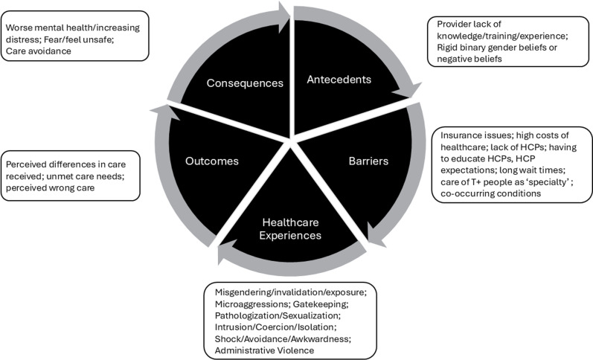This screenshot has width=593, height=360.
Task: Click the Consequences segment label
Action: [245, 83]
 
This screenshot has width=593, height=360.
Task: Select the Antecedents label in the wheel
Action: [339, 80]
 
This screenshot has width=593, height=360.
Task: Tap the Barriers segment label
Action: [368, 161]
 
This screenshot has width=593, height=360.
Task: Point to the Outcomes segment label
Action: [212, 161]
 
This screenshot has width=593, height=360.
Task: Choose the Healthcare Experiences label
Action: [290, 229]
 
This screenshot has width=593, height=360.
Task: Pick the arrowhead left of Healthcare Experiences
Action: [226, 254]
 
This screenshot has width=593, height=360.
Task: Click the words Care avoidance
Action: [39, 51]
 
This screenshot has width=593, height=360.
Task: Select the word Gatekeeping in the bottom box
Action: [320, 304]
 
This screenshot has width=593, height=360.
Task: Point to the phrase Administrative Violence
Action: [264, 350]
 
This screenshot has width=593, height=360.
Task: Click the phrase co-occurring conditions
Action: [490, 193]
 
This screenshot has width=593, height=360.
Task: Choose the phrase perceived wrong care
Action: [51, 188]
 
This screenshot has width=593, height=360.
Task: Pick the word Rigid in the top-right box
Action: [447, 48]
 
